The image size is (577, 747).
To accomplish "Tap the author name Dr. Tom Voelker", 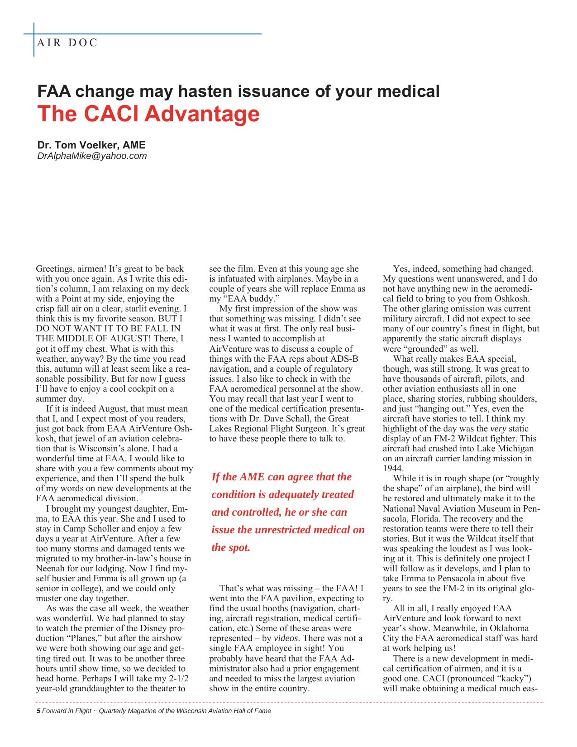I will [91, 145].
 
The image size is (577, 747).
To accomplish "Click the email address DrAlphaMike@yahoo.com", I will [92, 156].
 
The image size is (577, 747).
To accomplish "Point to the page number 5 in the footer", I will [38, 711].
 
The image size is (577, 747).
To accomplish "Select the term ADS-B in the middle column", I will [346, 359].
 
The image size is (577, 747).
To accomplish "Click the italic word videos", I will [286, 638].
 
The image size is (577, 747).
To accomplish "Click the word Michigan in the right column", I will [516, 449].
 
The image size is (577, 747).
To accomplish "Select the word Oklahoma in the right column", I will [510, 628].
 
